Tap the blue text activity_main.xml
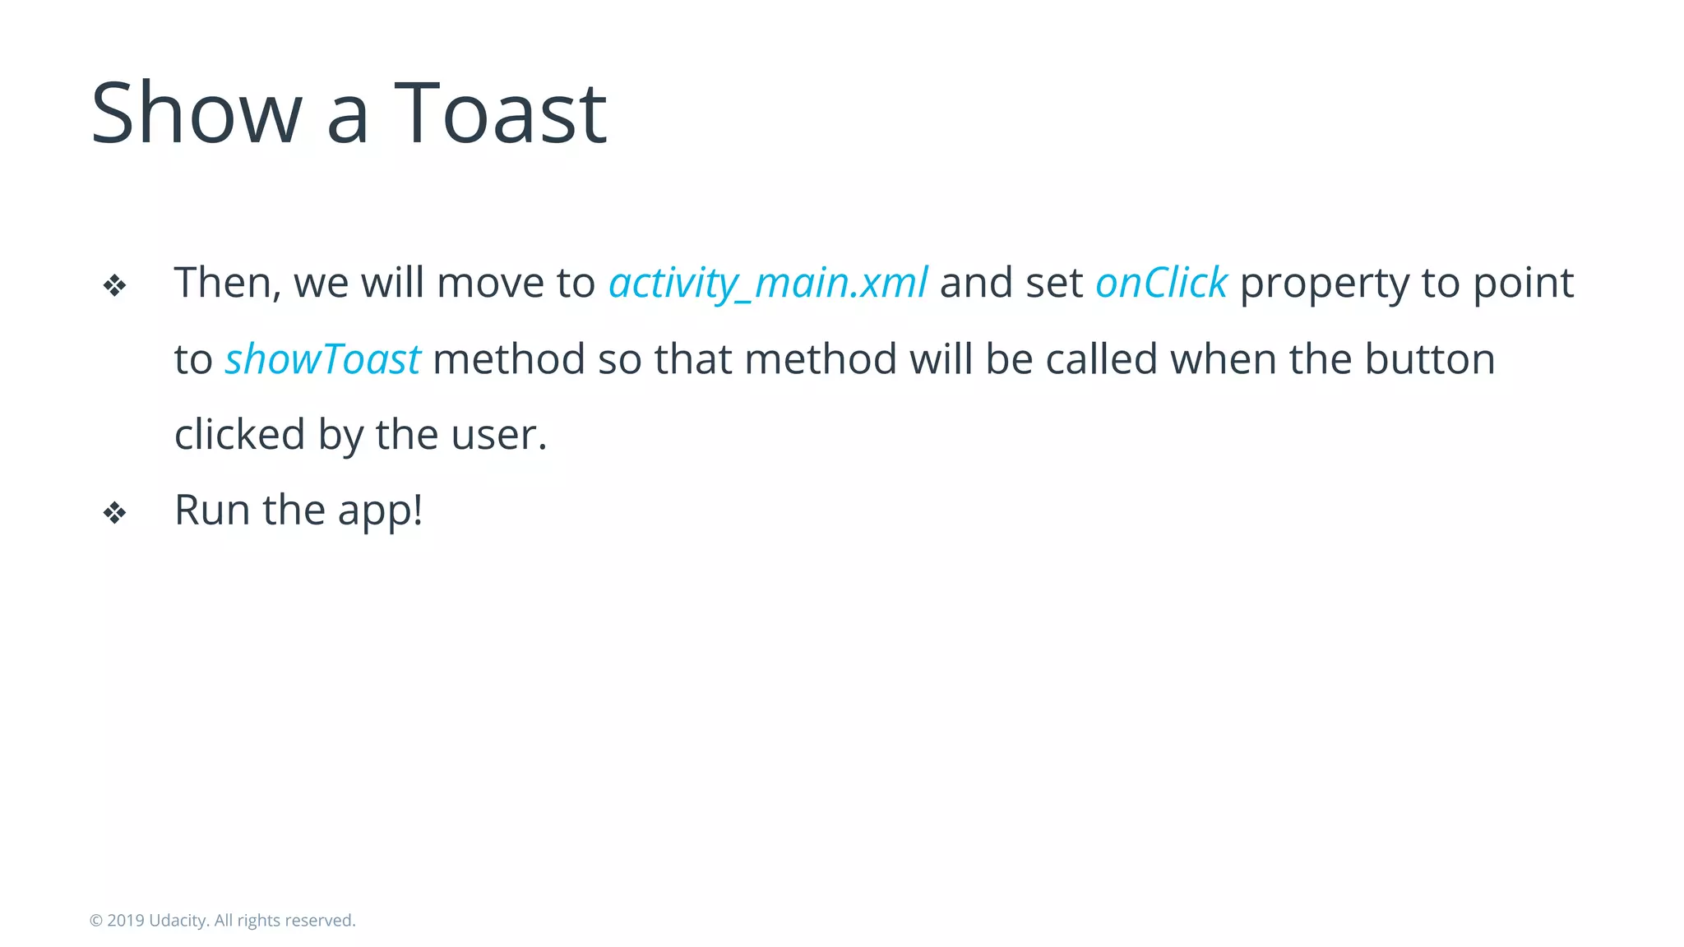pyautogui.click(x=768, y=284)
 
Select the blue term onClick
pyautogui.click(x=1161, y=284)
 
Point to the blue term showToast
pyautogui.click(x=322, y=360)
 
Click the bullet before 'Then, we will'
pyautogui.click(x=114, y=286)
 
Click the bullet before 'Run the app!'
pyautogui.click(x=114, y=513)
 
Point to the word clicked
pyautogui.click(x=239, y=435)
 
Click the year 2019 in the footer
pyautogui.click(x=125, y=921)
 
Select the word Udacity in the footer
pyautogui.click(x=178, y=921)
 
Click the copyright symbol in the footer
pyautogui.click(x=96, y=921)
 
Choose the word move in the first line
pyautogui.click(x=489, y=284)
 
